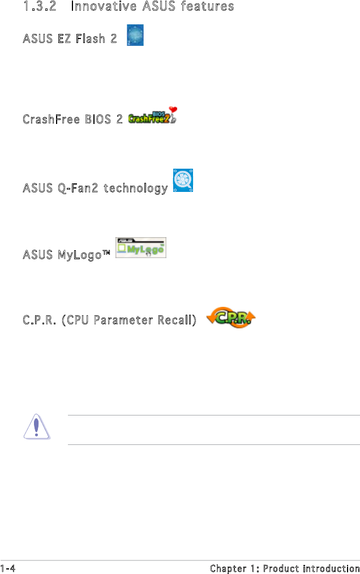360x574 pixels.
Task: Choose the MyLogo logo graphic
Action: coord(140,248)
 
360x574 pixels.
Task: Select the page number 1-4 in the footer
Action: coord(8,568)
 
